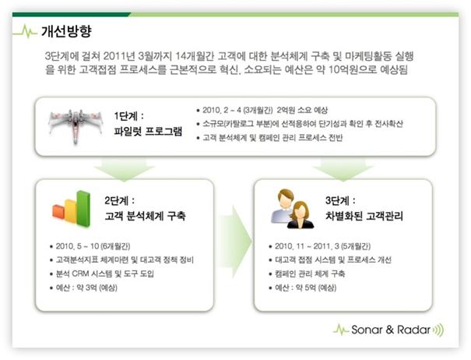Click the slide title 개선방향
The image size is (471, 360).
(x=66, y=31)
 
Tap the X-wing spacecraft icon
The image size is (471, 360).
(x=75, y=125)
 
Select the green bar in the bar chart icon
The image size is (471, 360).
(x=83, y=208)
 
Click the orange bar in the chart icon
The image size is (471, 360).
(x=58, y=212)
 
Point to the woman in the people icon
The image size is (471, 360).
(x=301, y=215)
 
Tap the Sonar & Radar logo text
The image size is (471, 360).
(x=391, y=330)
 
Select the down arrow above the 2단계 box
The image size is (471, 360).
(x=125, y=169)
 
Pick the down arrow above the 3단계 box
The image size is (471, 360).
(x=343, y=169)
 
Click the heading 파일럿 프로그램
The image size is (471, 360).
(x=148, y=132)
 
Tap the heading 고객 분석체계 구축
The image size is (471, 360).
(x=145, y=216)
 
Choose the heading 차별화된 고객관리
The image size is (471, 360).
(x=364, y=216)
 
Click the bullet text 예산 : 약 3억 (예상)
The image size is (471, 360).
(x=86, y=288)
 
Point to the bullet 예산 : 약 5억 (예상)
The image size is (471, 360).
(x=305, y=288)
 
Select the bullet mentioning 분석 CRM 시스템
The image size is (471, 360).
(x=105, y=274)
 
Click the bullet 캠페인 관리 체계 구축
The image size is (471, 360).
(x=310, y=274)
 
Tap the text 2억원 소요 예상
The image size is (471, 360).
(x=302, y=110)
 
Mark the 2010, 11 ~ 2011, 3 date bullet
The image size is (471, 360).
(x=322, y=246)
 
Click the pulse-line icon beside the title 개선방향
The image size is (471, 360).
(x=25, y=31)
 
